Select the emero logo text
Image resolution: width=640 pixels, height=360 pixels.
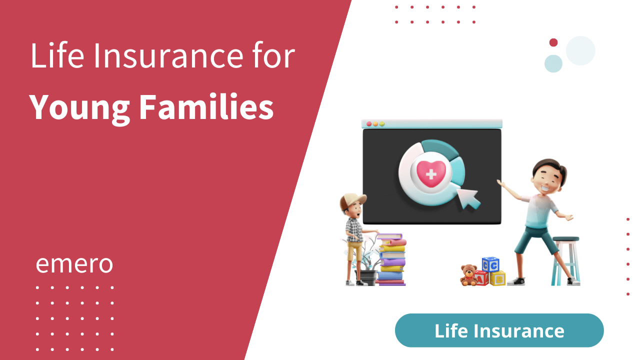click(x=74, y=264)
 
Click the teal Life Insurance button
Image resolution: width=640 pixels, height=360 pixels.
click(x=499, y=330)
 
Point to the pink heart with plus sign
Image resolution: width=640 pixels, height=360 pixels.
click(x=430, y=174)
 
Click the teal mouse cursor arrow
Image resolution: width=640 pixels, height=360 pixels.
click(x=469, y=198)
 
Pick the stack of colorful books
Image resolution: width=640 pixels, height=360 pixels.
click(x=391, y=259)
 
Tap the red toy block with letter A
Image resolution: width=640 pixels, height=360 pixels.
click(x=481, y=278)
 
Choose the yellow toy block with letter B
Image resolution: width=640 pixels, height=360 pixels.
click(x=497, y=278)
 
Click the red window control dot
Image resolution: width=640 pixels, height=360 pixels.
click(x=369, y=123)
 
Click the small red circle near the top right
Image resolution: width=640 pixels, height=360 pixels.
click(x=553, y=42)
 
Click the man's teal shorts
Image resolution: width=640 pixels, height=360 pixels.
click(x=535, y=239)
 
